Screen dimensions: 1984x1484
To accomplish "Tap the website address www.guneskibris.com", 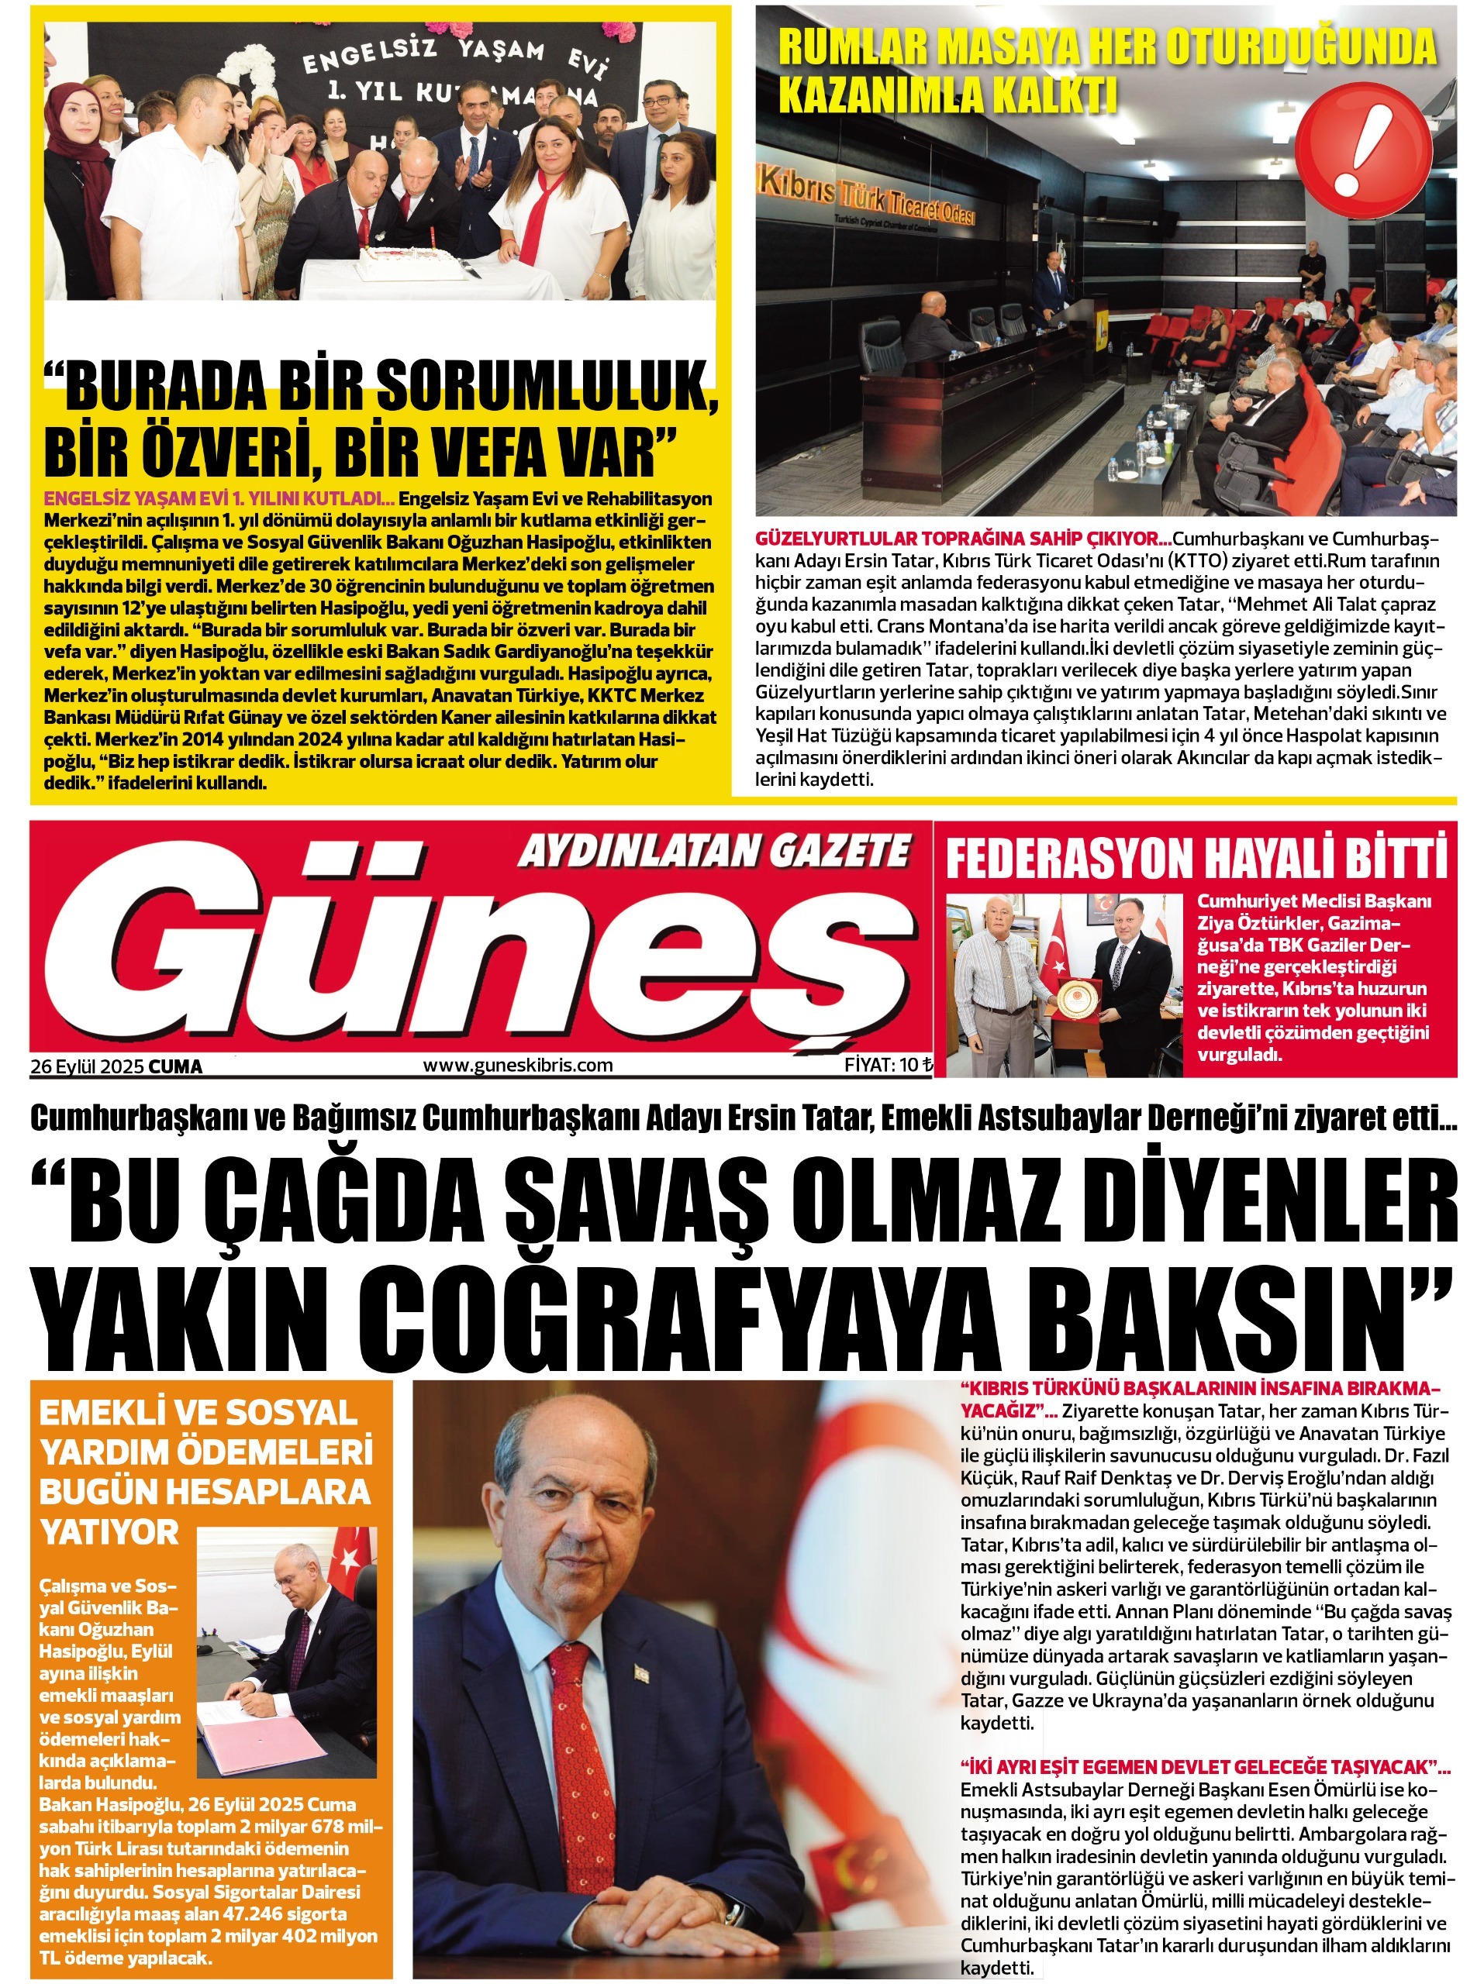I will click(518, 1066).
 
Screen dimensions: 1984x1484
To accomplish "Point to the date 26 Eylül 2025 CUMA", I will click(116, 1066).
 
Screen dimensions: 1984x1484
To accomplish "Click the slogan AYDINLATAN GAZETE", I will click(713, 851).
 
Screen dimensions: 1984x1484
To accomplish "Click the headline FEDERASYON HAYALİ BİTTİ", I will click(1196, 859).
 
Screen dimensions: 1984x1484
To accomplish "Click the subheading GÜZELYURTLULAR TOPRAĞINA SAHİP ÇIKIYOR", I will click(963, 539).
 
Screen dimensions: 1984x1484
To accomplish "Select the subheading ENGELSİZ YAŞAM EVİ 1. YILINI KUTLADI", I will click(220, 498).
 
